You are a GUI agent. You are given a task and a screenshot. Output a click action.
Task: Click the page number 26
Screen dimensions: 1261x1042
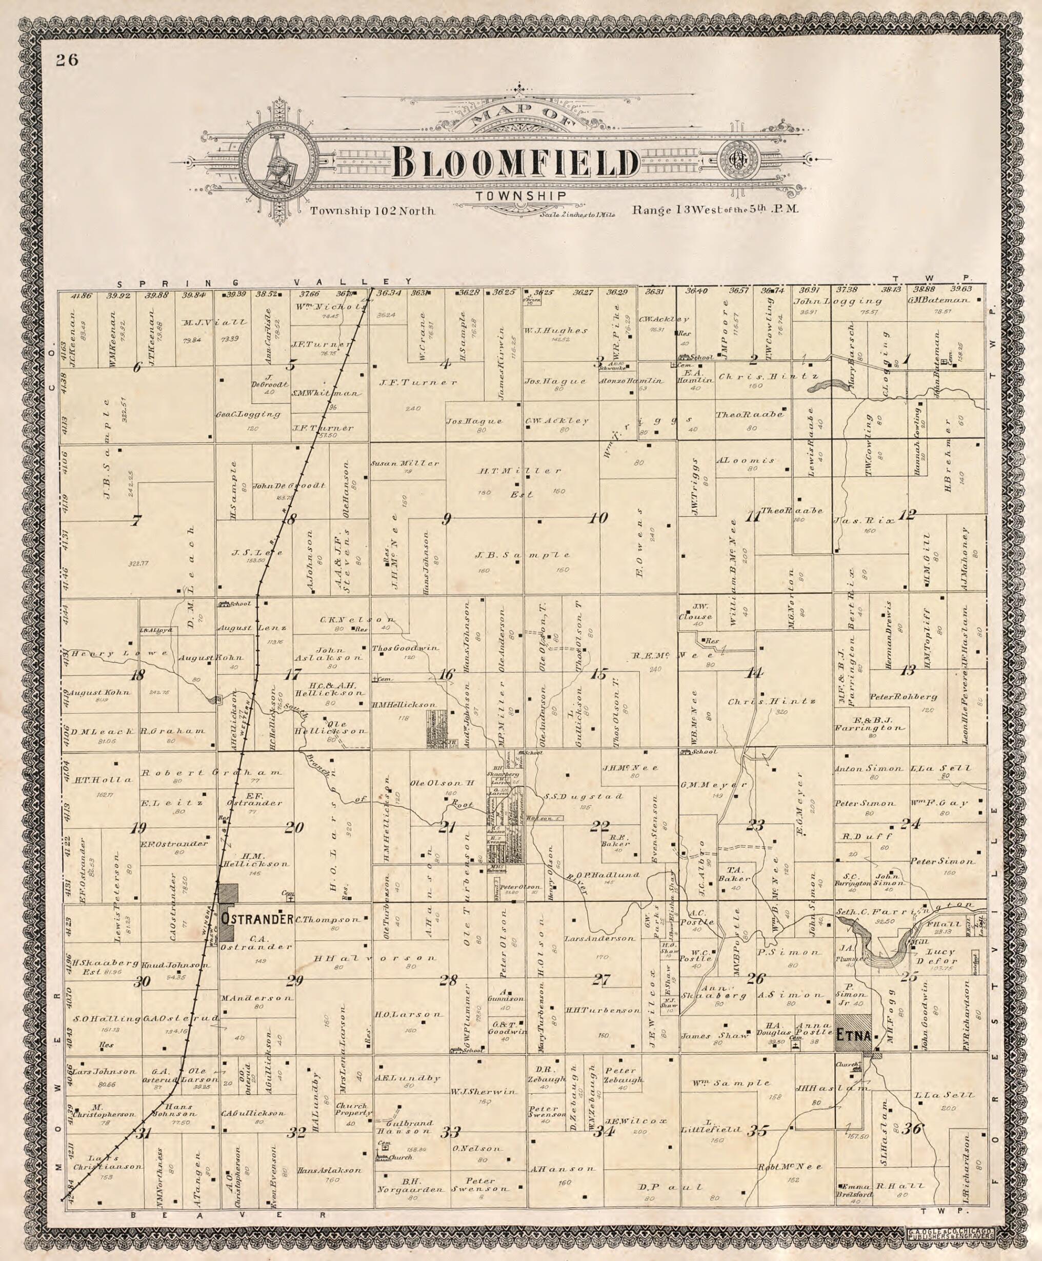point(68,59)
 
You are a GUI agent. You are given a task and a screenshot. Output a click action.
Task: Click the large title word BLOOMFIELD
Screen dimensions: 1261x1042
point(515,163)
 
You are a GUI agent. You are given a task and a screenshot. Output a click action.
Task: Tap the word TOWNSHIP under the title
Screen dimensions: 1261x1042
point(520,196)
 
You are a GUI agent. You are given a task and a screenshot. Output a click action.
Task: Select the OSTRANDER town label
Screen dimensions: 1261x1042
point(256,919)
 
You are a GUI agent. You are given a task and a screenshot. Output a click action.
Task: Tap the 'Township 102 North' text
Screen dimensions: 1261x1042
point(372,211)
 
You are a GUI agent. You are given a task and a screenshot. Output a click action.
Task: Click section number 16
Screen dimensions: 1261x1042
point(446,674)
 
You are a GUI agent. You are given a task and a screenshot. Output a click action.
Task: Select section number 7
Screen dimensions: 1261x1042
point(137,521)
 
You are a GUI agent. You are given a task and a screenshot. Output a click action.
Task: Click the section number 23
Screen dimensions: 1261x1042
point(754,825)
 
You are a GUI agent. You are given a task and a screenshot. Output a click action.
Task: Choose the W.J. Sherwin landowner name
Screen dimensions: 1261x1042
point(483,1092)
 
